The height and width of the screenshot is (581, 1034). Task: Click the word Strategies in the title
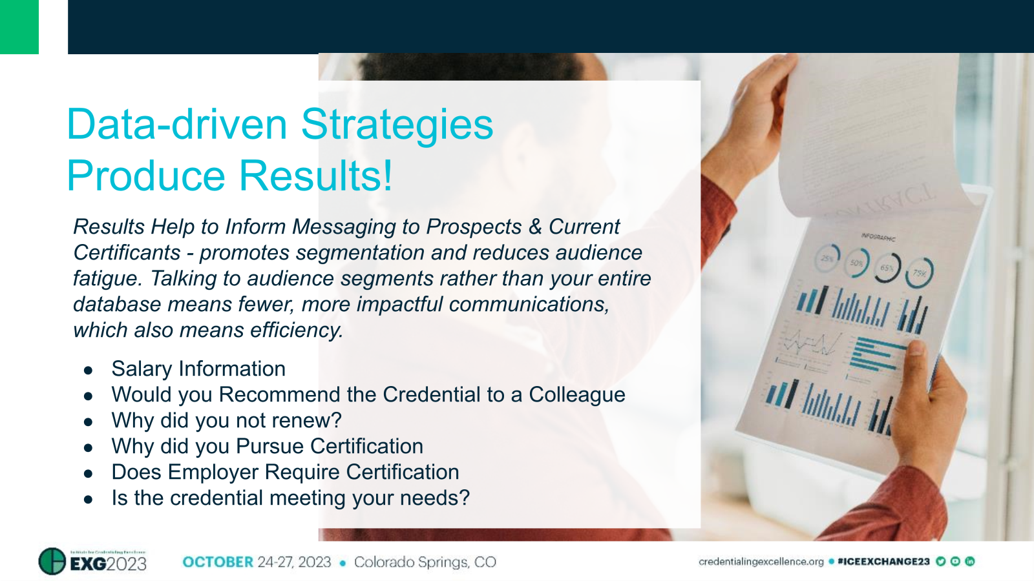click(x=397, y=124)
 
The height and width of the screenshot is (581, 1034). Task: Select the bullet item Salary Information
click(x=198, y=369)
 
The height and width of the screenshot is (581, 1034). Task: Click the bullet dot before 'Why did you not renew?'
click(x=89, y=422)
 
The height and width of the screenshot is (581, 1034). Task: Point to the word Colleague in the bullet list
click(x=576, y=394)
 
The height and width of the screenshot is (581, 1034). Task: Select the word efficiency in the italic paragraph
click(x=296, y=330)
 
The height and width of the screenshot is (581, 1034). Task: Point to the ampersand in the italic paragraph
click(x=535, y=227)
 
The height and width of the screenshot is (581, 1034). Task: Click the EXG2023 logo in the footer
click(x=93, y=561)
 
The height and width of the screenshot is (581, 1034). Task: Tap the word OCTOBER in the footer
click(x=218, y=562)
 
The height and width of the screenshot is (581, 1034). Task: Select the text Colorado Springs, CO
click(x=425, y=562)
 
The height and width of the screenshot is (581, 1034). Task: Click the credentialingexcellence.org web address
click(x=761, y=562)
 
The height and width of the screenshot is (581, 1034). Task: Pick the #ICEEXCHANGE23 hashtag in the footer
click(x=883, y=562)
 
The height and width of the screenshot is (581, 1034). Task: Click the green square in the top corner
click(x=19, y=26)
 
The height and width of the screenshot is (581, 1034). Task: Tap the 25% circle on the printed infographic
click(x=828, y=258)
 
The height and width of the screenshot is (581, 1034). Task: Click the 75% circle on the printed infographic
click(x=920, y=272)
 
